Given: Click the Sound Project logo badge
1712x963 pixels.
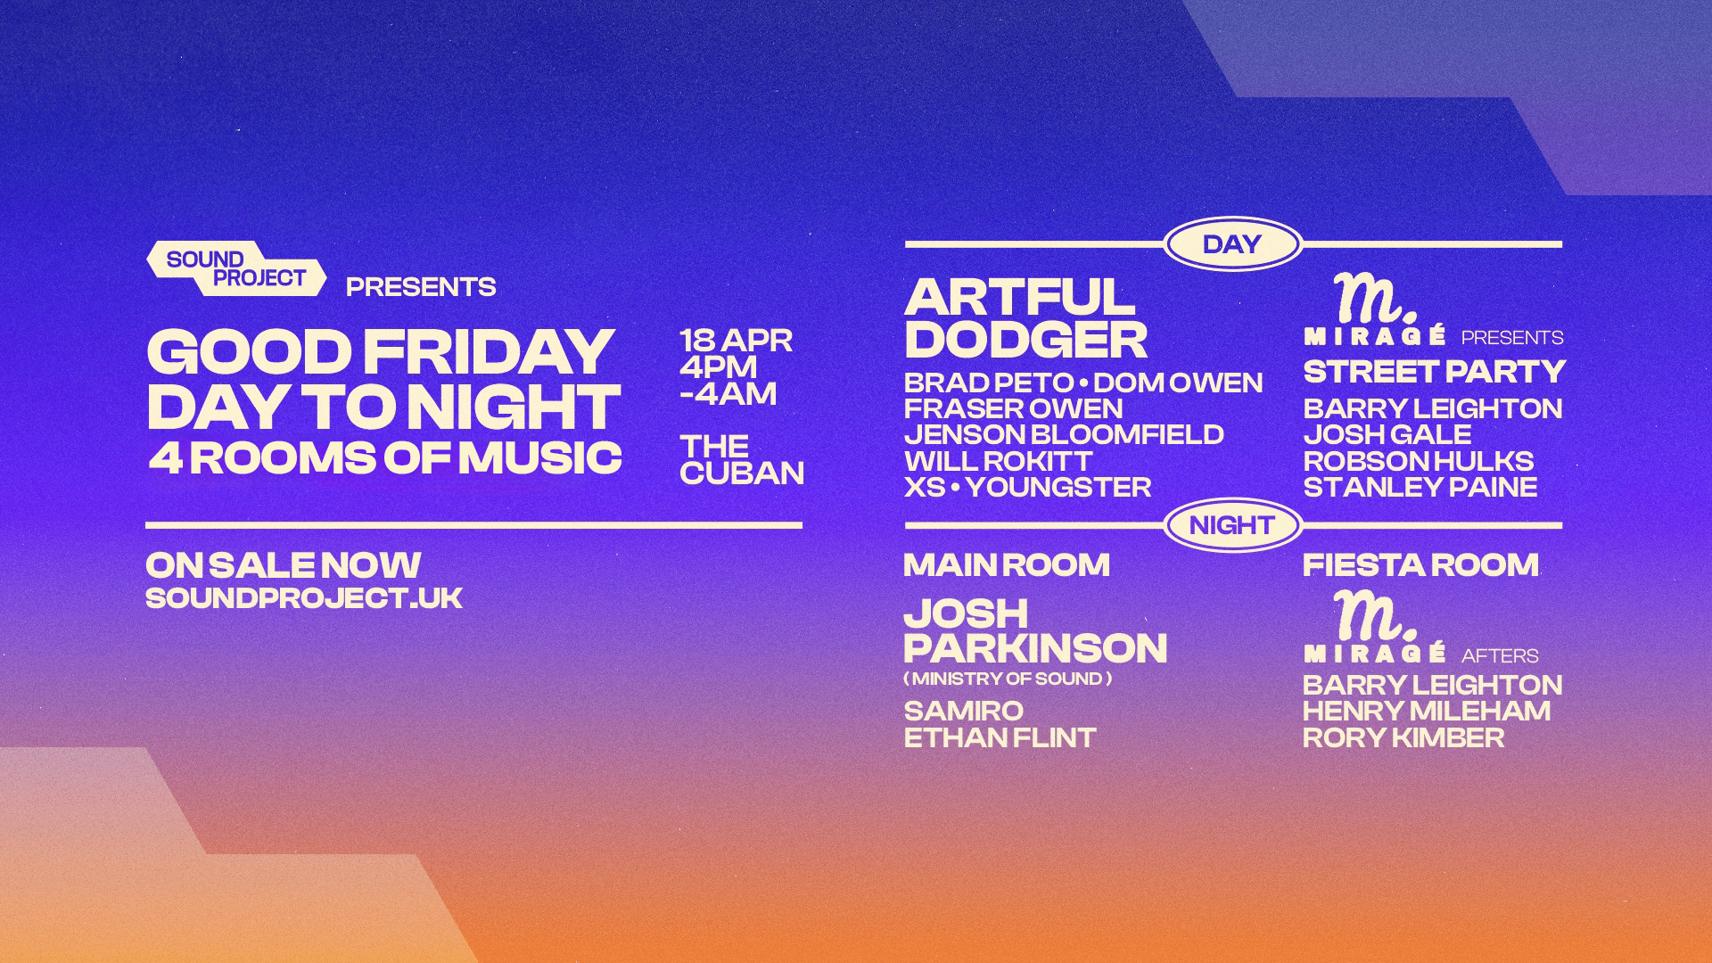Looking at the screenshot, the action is (236, 268).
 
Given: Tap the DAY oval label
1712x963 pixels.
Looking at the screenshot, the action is (1232, 243).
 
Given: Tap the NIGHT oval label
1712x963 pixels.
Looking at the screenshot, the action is (1232, 525).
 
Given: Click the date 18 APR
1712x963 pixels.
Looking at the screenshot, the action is (737, 341).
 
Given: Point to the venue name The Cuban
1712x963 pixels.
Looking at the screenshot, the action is (742, 459).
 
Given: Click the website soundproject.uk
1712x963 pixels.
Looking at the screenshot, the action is (304, 597).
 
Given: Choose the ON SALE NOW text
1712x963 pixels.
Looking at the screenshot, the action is (284, 564).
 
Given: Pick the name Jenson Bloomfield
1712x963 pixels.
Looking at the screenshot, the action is (1064, 434).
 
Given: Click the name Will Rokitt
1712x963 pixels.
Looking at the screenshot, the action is (999, 461).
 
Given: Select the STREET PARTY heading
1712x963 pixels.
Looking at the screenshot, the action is (1435, 371).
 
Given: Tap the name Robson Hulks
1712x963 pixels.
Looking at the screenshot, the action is (1419, 461).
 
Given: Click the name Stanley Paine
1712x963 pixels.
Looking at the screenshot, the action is (1420, 487).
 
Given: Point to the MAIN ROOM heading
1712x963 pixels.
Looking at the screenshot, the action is (1007, 564).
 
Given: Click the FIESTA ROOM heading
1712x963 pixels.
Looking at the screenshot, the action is (1421, 564).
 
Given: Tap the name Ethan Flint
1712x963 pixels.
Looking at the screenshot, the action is (1000, 737).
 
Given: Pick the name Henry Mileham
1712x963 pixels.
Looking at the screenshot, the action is (1427, 711).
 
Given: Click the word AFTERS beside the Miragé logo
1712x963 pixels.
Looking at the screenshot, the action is (1500, 656).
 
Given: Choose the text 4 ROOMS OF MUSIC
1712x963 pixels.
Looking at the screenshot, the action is (384, 458).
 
